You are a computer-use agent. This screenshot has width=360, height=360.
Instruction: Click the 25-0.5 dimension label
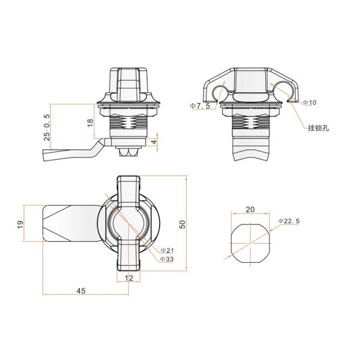point(47,127)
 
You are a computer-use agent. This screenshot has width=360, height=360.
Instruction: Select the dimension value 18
point(91,122)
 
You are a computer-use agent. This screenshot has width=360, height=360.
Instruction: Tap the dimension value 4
point(154,142)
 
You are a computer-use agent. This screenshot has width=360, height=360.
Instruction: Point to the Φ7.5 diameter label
point(200,106)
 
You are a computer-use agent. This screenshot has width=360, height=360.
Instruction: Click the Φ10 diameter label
point(310,103)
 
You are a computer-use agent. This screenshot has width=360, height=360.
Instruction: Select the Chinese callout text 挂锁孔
point(319,128)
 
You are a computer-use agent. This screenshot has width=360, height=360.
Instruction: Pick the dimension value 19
point(20,224)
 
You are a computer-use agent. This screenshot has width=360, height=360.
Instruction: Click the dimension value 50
point(182,224)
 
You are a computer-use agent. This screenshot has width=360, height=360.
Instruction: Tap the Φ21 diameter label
point(167,250)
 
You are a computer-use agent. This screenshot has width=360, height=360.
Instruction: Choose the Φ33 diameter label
point(167,259)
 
